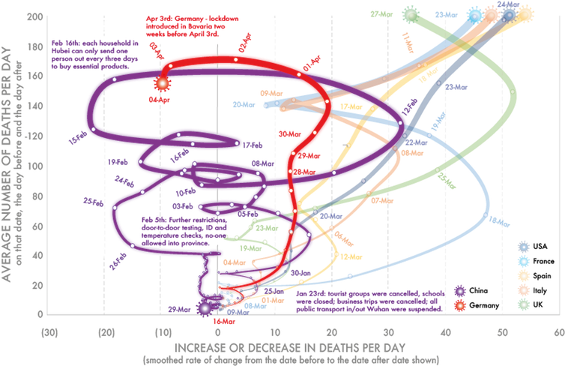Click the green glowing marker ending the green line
[409, 13]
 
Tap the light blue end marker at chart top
[474, 13]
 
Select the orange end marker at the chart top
[492, 13]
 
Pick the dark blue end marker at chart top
[510, 13]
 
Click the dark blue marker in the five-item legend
[525, 247]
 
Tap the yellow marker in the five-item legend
[525, 275]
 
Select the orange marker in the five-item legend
[525, 289]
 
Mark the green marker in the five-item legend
[525, 304]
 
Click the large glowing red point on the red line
[162, 83]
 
